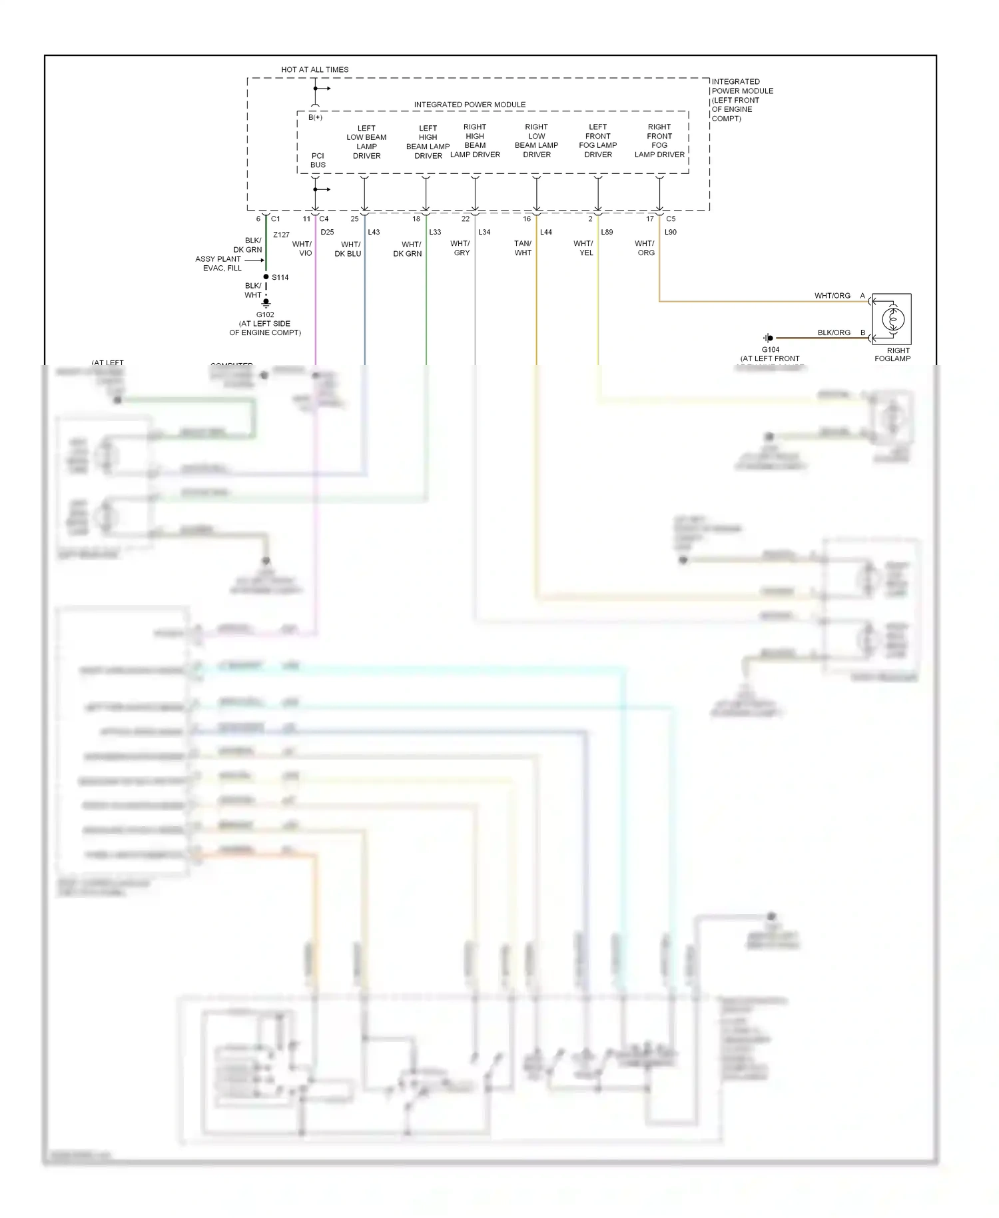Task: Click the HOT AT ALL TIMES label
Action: point(314,69)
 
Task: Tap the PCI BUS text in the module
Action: point(318,160)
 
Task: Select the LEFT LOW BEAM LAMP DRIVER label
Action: point(366,142)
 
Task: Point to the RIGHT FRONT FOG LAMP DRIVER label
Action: point(659,141)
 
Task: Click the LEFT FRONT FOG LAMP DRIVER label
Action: point(597,141)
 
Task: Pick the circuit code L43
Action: point(374,232)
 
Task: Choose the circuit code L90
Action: point(670,232)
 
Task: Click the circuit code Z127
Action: point(281,235)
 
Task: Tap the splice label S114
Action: point(280,277)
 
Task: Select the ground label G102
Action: point(265,314)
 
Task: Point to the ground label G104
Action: point(770,349)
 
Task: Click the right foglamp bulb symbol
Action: point(892,319)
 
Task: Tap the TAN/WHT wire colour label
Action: point(523,248)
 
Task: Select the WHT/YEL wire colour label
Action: point(583,248)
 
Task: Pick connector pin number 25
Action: point(354,219)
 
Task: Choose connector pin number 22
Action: point(465,219)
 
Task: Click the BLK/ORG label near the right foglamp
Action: point(834,332)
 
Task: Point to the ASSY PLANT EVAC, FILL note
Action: point(218,263)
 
